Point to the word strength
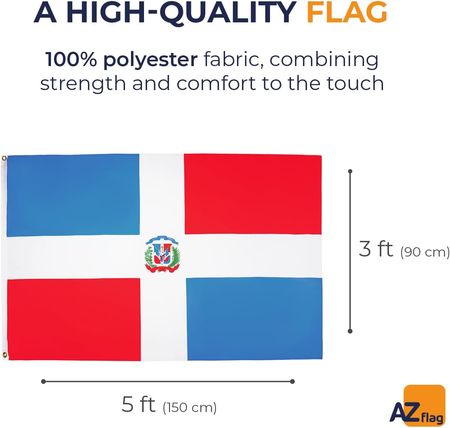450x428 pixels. (83, 83)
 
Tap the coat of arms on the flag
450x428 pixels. (163, 254)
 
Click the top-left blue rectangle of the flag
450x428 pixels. (73, 195)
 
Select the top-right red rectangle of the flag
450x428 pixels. (253, 194)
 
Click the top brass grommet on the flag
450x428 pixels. (4, 158)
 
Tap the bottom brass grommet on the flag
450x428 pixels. (5, 355)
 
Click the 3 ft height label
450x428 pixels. (376, 249)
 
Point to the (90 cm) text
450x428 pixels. (425, 252)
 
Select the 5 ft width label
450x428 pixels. (138, 404)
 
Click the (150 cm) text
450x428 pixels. (190, 408)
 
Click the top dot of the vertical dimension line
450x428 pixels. (350, 171)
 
